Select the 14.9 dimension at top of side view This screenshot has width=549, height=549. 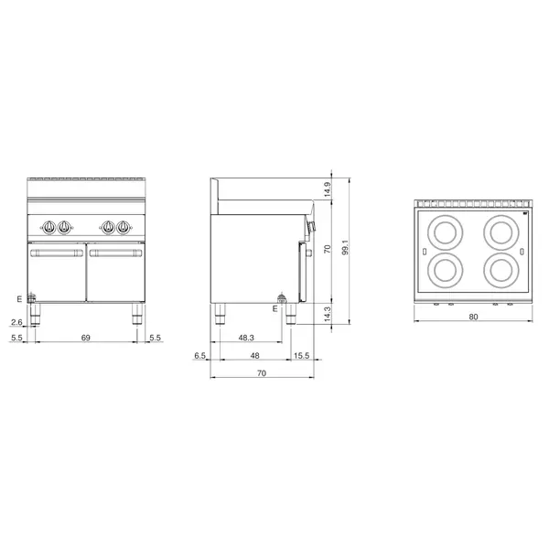point(328,190)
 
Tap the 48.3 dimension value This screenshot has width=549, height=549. point(246,339)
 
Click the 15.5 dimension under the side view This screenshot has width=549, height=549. point(301,356)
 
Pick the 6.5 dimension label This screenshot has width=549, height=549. point(200,356)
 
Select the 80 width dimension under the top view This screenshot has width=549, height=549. point(474,318)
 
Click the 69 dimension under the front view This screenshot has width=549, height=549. point(86,339)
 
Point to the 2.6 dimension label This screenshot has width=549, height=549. point(16,321)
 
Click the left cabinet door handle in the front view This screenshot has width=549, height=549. point(57,253)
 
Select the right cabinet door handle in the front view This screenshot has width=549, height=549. point(114,253)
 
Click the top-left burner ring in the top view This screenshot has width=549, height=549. point(446,231)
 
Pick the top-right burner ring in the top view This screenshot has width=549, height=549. point(501,231)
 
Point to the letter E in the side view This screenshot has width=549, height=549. point(274,309)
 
